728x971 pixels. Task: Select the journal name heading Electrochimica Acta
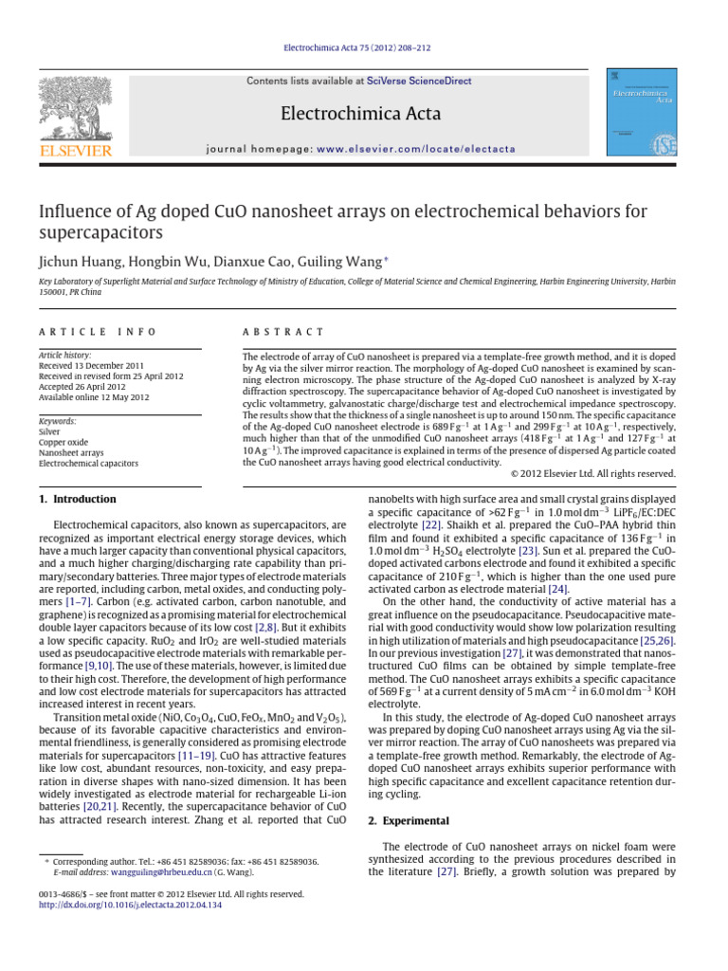[x=361, y=115]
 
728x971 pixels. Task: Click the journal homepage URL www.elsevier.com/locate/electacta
[x=416, y=149]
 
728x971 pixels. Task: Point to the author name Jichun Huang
[x=80, y=260]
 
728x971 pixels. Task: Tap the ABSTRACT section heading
[x=283, y=332]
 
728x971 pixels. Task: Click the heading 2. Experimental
[x=409, y=819]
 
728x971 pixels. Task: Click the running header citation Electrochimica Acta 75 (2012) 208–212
[x=364, y=48]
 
